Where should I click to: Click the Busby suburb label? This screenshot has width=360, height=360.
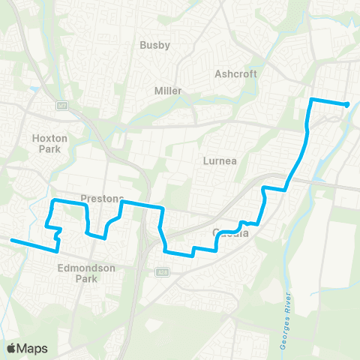point(155,45)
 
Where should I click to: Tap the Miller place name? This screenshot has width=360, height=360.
point(168,91)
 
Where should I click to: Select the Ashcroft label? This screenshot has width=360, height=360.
point(235,74)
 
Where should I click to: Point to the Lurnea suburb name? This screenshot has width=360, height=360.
point(220,160)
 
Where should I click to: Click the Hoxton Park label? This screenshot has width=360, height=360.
point(50,143)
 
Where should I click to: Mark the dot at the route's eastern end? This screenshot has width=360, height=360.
point(346,105)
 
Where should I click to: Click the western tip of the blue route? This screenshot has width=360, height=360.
point(11,241)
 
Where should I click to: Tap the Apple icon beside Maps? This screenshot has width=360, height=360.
point(11,348)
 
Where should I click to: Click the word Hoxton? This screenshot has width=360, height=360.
point(50,138)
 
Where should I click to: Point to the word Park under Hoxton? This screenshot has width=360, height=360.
point(50,148)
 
